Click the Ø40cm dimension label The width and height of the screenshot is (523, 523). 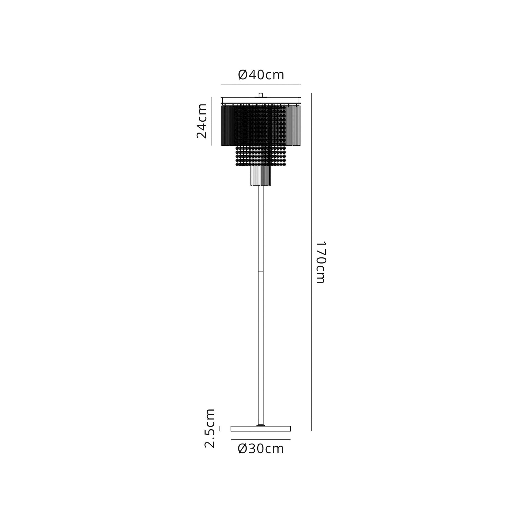point(261,75)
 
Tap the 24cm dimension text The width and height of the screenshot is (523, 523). point(202,121)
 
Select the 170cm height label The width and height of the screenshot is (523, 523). point(321,262)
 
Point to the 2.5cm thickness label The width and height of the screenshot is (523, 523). point(210,432)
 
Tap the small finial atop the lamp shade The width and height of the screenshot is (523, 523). point(261,95)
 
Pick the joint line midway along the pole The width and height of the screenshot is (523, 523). point(261,271)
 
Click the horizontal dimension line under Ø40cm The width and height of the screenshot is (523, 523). point(261,85)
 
